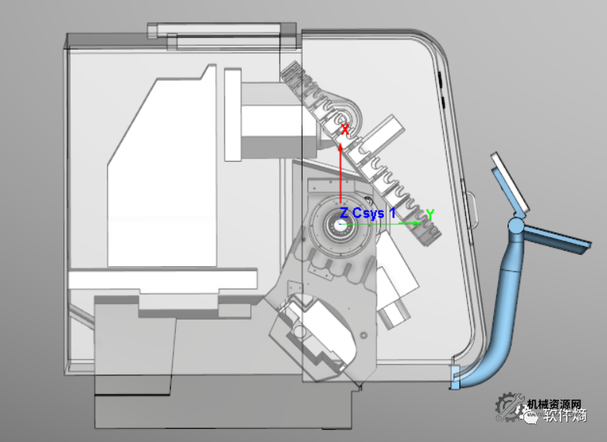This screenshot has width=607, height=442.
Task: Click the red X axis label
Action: (345, 130)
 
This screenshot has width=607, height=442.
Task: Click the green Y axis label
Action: (430, 214)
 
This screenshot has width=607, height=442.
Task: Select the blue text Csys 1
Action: (374, 213)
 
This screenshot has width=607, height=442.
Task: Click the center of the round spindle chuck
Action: (341, 224)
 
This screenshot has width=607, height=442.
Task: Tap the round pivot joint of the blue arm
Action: (516, 228)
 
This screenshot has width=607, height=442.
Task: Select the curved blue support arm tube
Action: (503, 310)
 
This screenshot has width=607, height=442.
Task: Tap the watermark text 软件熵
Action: (564, 419)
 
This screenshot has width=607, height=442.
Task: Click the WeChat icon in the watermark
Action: (532, 419)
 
